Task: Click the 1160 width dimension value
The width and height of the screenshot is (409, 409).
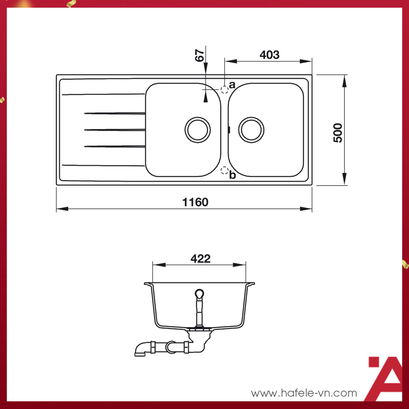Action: coord(196,202)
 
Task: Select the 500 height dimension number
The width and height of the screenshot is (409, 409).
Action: coord(338,133)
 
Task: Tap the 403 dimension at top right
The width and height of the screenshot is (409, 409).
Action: coord(269,55)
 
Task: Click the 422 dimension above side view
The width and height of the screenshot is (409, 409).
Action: coord(201,259)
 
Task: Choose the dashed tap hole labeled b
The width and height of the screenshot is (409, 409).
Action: coord(224,171)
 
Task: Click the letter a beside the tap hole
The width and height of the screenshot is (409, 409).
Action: coord(232,85)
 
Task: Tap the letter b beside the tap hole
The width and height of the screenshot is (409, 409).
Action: coord(232,175)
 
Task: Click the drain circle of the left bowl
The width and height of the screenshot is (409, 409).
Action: coord(198,129)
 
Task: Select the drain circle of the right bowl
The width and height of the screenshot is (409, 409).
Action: coord(252,129)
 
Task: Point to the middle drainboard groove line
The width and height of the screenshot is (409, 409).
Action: coord(115,130)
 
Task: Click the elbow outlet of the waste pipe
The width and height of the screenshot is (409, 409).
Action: coord(141,348)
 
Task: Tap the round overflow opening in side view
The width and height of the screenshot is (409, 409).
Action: coord(199,294)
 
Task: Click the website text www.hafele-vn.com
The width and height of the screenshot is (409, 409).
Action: coord(304,393)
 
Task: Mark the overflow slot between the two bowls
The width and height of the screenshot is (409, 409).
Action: coord(229,129)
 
